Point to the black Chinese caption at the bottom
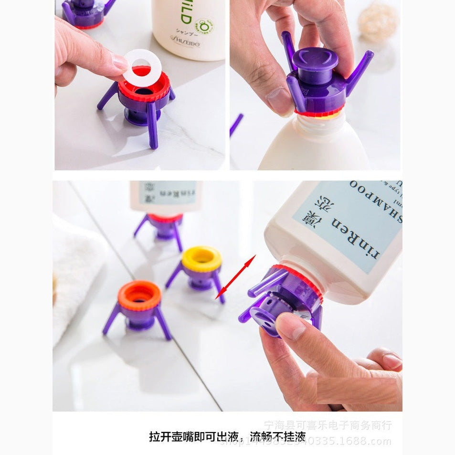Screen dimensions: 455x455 (x=227, y=436)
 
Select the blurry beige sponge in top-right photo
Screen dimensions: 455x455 (x=378, y=21)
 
